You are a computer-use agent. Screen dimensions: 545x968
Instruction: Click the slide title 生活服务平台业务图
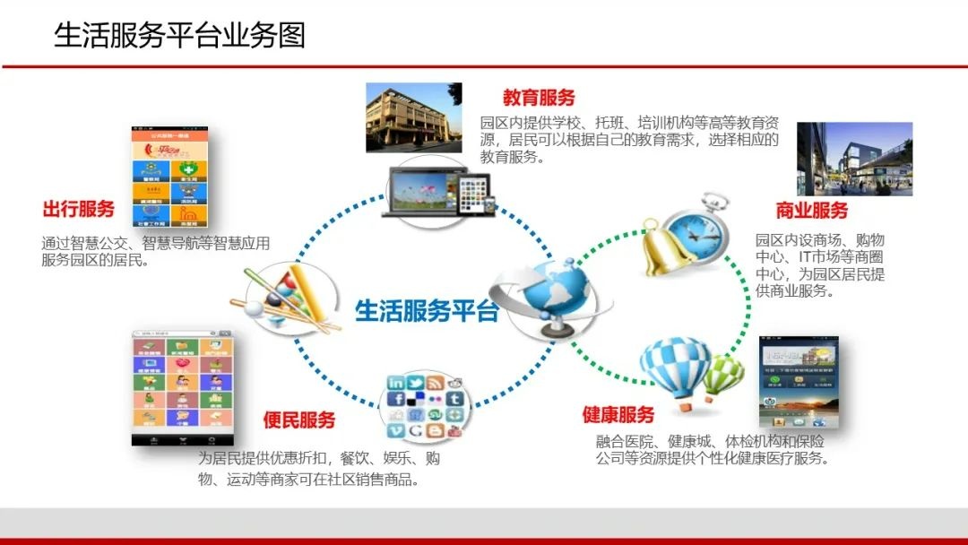pyautogui.click(x=179, y=35)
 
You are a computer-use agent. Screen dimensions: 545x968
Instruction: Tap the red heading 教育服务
pyautogui.click(x=539, y=98)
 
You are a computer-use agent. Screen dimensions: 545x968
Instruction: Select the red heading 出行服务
pyautogui.click(x=79, y=210)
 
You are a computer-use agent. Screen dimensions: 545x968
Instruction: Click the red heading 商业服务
pyautogui.click(x=811, y=211)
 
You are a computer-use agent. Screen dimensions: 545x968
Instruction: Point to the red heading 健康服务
pyautogui.click(x=618, y=415)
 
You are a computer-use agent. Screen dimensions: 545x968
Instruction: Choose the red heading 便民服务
pyautogui.click(x=299, y=420)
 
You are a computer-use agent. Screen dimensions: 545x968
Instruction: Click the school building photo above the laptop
pyautogui.click(x=413, y=117)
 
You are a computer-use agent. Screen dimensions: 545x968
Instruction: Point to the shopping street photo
pyautogui.click(x=854, y=159)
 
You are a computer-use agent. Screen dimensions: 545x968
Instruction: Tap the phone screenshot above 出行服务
pyautogui.click(x=177, y=177)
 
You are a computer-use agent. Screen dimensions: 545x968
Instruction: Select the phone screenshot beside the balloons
pyautogui.click(x=796, y=383)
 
